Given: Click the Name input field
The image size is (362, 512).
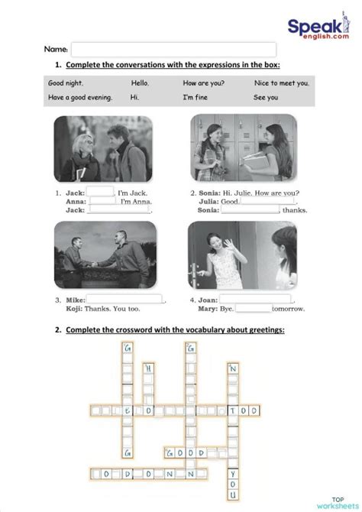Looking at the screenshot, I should click(x=173, y=50).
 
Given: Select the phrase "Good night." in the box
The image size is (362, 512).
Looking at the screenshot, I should click(x=66, y=83).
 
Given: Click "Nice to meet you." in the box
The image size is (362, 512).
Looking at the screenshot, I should click(x=282, y=83).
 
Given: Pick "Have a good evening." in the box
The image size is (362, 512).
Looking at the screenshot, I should click(x=80, y=97).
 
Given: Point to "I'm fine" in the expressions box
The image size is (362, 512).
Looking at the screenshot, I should click(x=195, y=97).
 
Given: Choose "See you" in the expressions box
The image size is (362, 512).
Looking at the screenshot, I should click(x=266, y=97).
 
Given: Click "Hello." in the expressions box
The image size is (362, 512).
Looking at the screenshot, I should click(x=140, y=83).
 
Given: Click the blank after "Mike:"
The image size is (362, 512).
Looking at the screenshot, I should click(x=124, y=299).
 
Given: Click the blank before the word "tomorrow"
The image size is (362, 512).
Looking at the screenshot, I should click(x=253, y=309).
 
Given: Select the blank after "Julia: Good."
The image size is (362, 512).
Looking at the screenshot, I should click(x=270, y=201).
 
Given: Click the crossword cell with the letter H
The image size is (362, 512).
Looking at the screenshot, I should click(x=149, y=368).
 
